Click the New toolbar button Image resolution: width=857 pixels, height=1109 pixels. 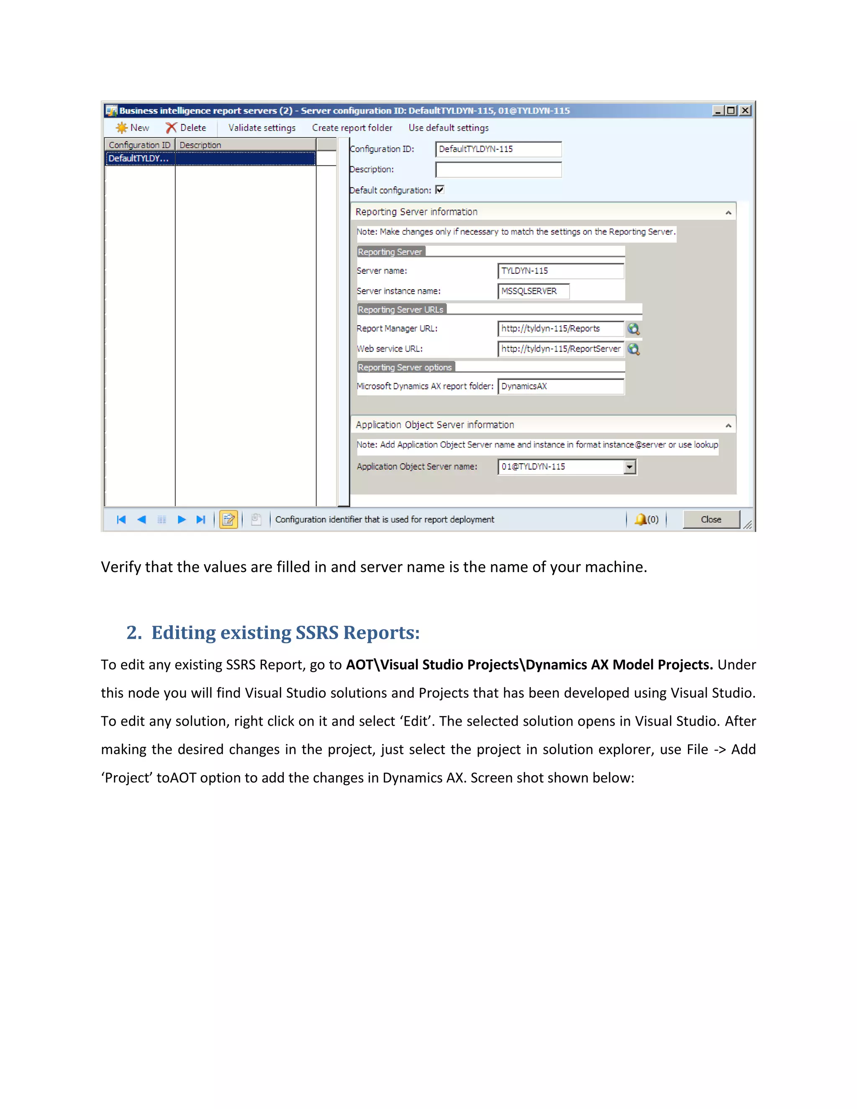click(133, 128)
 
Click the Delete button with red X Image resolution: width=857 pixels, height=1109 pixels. click(186, 128)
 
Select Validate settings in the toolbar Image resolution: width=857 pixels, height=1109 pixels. click(262, 128)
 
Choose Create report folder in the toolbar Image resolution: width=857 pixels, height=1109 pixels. click(352, 128)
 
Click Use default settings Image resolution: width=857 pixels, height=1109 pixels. click(448, 128)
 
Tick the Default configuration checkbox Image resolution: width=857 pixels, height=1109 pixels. click(440, 190)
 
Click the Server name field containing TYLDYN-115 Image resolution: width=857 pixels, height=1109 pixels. click(560, 271)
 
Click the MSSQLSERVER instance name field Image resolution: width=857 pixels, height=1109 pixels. click(533, 291)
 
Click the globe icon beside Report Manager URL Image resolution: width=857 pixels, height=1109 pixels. click(633, 329)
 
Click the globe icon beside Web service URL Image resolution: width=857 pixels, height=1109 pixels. click(633, 349)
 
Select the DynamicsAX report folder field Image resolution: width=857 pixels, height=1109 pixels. click(560, 386)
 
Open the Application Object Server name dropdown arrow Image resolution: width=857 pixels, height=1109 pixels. click(629, 467)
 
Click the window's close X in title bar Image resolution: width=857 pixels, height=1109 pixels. click(745, 110)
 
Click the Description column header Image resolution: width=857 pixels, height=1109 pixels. click(245, 145)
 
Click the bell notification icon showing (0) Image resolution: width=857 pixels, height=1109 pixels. click(641, 519)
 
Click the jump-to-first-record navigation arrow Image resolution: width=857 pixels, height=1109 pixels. click(121, 519)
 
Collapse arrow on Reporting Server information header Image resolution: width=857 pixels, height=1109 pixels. click(728, 212)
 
